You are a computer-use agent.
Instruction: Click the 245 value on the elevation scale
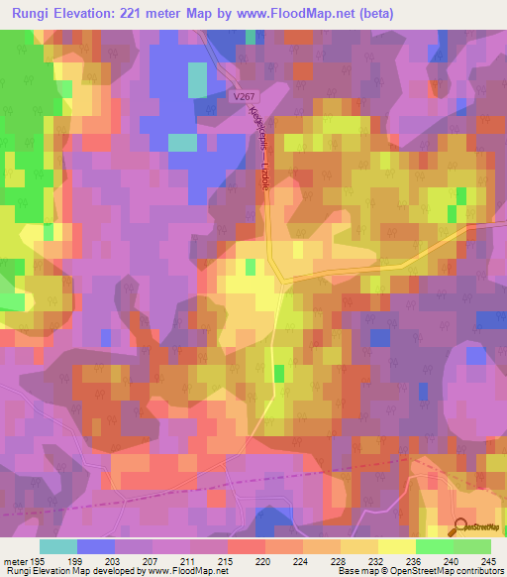click(x=486, y=561)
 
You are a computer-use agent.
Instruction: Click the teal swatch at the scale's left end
click(x=58, y=546)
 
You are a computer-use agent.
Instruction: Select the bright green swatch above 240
click(x=434, y=546)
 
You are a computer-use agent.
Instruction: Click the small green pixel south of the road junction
click(x=278, y=374)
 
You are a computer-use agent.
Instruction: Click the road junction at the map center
click(x=284, y=282)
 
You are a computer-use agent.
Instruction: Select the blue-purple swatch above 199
click(x=95, y=546)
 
